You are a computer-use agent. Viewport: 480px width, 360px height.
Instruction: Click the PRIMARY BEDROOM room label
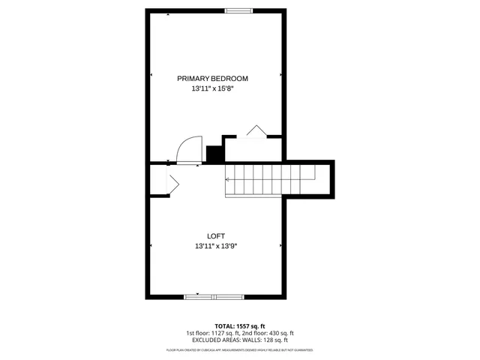click(x=212, y=79)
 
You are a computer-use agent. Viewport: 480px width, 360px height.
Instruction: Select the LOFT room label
click(x=216, y=235)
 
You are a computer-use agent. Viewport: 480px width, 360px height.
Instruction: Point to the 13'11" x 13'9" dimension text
click(x=216, y=246)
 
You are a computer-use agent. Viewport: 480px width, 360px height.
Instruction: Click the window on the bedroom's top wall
click(x=238, y=10)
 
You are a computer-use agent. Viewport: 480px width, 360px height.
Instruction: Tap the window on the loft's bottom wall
click(x=213, y=297)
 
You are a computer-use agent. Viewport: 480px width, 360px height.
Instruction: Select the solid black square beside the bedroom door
click(x=215, y=154)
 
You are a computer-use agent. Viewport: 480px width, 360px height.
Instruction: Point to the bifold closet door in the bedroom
click(x=256, y=131)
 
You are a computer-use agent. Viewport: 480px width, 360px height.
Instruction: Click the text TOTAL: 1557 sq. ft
click(x=239, y=326)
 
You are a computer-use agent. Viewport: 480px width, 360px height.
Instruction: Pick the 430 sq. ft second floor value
click(x=278, y=334)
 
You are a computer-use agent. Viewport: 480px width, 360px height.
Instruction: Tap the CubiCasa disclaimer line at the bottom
click(x=239, y=350)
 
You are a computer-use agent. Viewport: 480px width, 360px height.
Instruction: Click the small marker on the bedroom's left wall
click(x=151, y=75)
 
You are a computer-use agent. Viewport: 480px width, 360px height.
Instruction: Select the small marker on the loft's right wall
click(x=280, y=244)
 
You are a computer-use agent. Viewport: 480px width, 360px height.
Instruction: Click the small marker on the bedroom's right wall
click(x=280, y=75)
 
